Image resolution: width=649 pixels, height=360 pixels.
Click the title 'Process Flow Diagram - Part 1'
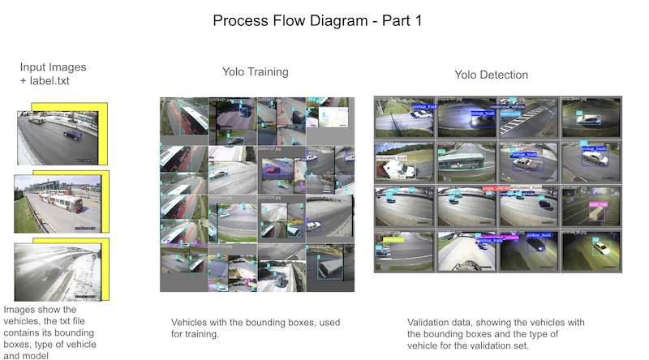[317, 20]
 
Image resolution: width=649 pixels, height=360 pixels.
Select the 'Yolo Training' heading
[255, 72]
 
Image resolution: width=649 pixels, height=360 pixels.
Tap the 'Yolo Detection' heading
[491, 75]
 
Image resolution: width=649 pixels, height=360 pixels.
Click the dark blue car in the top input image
[72, 133]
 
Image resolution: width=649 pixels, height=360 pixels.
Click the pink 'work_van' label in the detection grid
[598, 204]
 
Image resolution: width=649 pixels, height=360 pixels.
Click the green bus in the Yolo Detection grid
[461, 161]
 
